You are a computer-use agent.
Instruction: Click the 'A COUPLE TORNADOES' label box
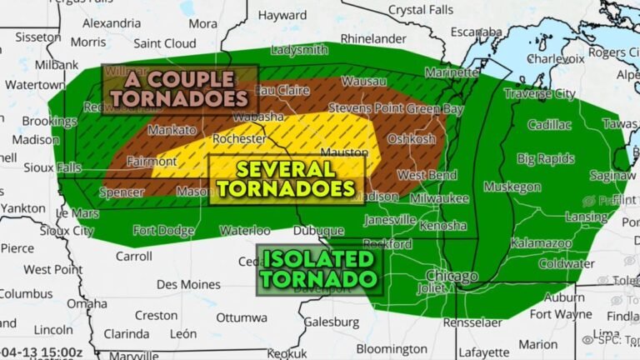179,89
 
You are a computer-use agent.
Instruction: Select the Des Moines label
187,284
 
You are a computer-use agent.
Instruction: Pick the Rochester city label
239,138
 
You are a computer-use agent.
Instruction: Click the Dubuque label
317,231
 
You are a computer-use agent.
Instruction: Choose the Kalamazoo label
541,243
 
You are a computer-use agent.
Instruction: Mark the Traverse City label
540,94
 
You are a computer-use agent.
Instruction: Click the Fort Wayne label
559,314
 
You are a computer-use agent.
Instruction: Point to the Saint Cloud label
164,42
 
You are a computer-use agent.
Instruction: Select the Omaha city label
87,303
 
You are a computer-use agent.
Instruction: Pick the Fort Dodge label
163,231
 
